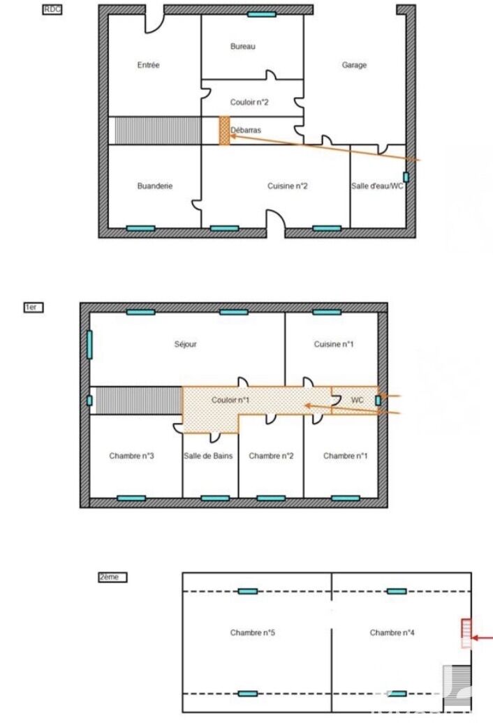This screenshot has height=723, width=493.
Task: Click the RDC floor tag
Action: pyautogui.click(x=52, y=9)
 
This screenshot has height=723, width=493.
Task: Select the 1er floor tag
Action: pyautogui.click(x=34, y=307)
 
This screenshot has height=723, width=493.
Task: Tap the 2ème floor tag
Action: pyautogui.click(x=112, y=577)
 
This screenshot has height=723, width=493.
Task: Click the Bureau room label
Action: pyautogui.click(x=242, y=46)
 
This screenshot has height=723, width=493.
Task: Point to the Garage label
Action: pyautogui.click(x=354, y=65)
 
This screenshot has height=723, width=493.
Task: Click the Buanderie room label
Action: pyautogui.click(x=155, y=186)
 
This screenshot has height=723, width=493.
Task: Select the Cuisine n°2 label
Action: pyautogui.click(x=287, y=186)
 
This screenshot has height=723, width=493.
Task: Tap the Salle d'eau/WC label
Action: pyautogui.click(x=377, y=186)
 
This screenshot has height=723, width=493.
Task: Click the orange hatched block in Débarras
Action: pyautogui.click(x=224, y=131)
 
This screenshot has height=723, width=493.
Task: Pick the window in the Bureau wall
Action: pyautogui.click(x=261, y=14)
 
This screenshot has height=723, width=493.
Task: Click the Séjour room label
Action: pyautogui.click(x=185, y=344)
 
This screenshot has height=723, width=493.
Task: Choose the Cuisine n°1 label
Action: pyautogui.click(x=334, y=344)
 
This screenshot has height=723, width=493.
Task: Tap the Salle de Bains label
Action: pyautogui.click(x=208, y=456)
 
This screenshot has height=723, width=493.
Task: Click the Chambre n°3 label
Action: pyautogui.click(x=131, y=456)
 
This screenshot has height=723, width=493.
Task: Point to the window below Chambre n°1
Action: pyautogui.click(x=346, y=498)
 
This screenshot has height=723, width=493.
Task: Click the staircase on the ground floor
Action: pyautogui.click(x=158, y=131)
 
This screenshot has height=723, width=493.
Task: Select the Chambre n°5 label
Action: pyautogui.click(x=252, y=632)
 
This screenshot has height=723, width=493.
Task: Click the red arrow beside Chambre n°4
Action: pyautogui.click(x=483, y=638)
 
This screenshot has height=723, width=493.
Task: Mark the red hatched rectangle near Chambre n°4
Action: pyautogui.click(x=466, y=634)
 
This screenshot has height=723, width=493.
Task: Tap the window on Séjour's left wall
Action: pyautogui.click(x=89, y=345)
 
